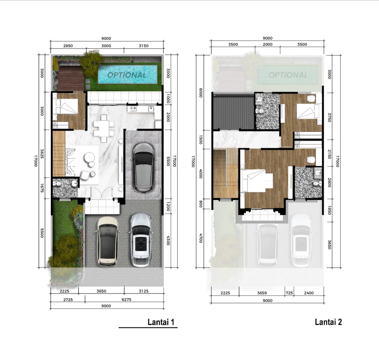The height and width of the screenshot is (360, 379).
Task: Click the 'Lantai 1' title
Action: click(161, 322)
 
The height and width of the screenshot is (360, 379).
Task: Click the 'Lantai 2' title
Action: click(328, 322)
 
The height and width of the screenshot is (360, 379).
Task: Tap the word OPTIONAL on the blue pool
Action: click(127, 75)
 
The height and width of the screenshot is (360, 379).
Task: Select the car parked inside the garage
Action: click(143, 168)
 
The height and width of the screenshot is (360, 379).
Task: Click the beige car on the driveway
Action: click(108, 241)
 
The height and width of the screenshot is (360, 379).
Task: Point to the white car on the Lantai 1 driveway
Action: click(141, 239)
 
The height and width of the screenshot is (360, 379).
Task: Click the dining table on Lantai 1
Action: click(104, 128)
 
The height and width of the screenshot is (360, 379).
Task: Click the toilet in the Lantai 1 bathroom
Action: click(58, 184)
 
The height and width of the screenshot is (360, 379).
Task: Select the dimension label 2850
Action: click(68, 46)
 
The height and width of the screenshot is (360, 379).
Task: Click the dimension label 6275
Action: click(126, 300)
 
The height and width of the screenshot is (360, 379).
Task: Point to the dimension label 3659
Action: click(262, 293)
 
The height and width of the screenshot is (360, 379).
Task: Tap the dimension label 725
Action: click(290, 293)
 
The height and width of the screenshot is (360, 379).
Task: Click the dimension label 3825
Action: click(42, 154)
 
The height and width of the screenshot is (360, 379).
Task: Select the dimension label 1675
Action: click(42, 188)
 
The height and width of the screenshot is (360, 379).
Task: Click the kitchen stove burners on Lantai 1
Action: click(133, 109)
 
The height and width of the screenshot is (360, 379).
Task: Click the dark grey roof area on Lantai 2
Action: click(234, 112)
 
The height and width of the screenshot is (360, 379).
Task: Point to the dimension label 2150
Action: click(329, 154)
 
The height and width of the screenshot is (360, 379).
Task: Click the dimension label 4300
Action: click(168, 240)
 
